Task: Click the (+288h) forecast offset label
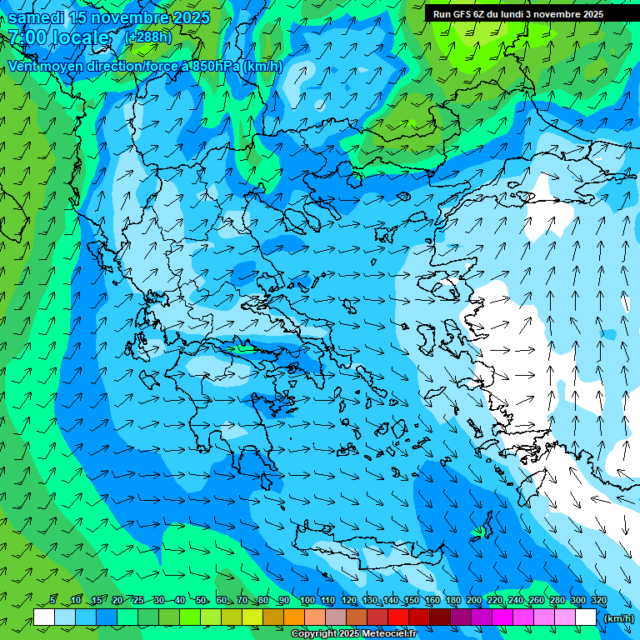(147, 37)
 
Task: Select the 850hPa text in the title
(217, 67)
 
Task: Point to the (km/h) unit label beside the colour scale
(617, 618)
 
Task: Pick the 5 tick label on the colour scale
(52, 601)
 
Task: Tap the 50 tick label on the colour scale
(201, 601)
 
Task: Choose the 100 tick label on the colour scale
(307, 601)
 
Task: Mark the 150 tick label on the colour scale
(412, 601)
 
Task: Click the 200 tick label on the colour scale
(474, 601)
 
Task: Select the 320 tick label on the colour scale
(598, 601)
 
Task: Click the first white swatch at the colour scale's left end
(44, 617)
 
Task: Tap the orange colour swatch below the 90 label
(293, 617)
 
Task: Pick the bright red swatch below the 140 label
(398, 617)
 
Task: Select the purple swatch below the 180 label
(461, 617)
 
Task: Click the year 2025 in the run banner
(589, 14)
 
